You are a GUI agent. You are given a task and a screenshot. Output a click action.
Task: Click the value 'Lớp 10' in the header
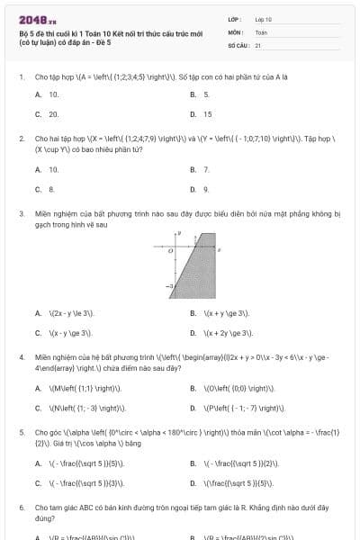[264, 19]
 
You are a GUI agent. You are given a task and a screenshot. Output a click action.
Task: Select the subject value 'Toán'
[261, 31]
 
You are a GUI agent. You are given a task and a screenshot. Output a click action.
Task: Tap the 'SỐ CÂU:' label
[238, 44]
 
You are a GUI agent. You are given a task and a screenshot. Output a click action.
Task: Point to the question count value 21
[258, 44]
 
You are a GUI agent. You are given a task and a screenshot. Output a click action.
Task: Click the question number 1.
[21, 77]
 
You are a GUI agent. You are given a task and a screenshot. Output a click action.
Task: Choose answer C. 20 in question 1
[47, 114]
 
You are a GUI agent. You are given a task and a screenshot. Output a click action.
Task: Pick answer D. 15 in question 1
[202, 114]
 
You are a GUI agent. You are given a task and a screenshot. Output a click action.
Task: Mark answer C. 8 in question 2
[45, 189]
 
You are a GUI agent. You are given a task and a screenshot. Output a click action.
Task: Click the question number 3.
[21, 214]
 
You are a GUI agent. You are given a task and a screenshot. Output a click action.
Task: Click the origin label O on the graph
[169, 252]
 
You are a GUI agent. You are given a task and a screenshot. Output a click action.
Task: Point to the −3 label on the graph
[168, 285]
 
